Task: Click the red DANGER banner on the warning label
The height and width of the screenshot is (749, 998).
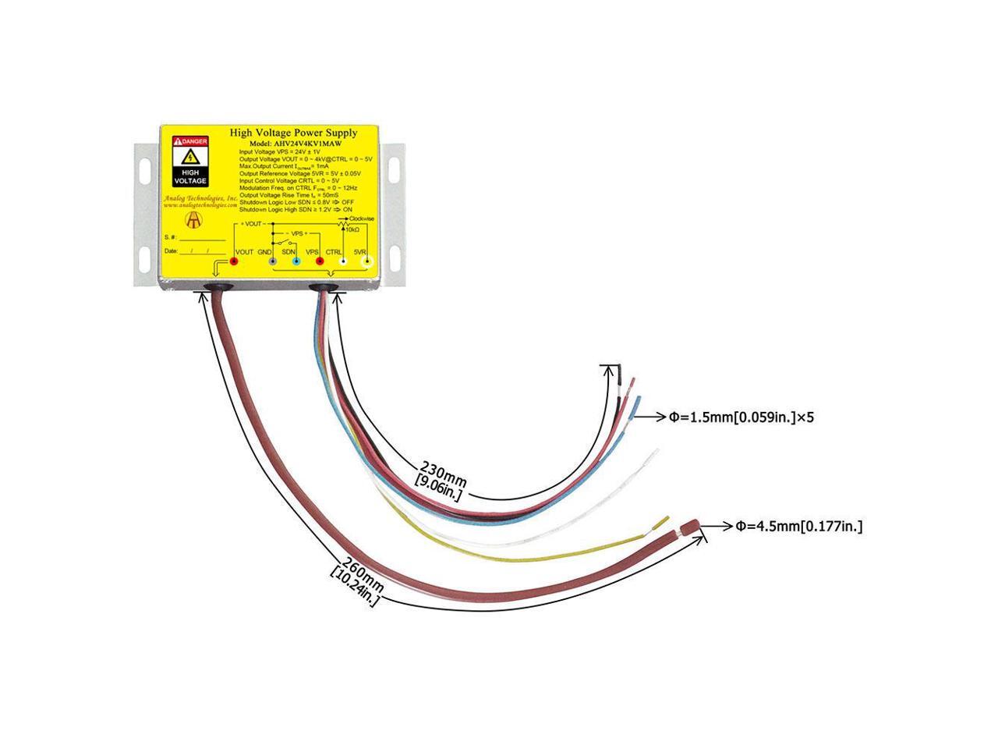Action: pos(190,140)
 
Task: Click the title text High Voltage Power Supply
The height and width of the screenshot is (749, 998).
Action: pos(293,133)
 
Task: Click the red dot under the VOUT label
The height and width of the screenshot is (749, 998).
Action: pos(233,262)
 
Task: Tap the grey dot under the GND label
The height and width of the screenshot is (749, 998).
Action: pos(273,262)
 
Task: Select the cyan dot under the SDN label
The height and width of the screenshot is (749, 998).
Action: pos(296,262)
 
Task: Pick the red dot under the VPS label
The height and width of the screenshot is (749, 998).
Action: pos(319,262)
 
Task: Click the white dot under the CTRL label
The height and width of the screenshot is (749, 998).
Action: pos(344,262)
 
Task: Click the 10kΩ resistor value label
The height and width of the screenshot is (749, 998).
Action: pos(352,229)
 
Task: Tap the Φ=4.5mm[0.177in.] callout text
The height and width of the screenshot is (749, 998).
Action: pos(798,527)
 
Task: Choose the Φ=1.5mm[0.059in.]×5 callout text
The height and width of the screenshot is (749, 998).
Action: pos(742,417)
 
